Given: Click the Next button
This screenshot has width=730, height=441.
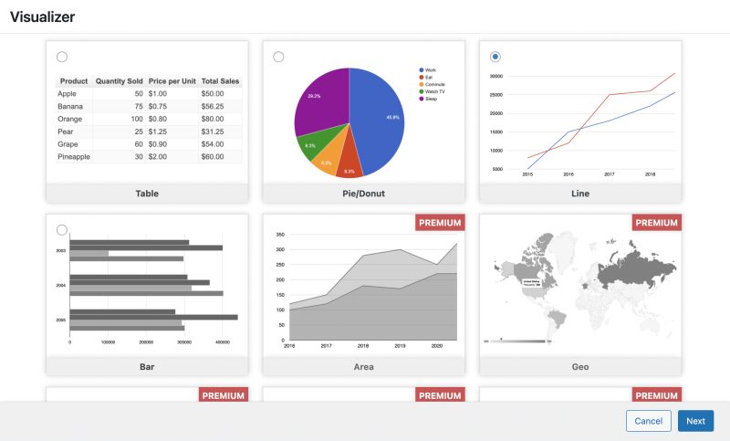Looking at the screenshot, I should [695, 421].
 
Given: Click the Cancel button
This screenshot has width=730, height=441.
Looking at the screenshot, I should [648, 421].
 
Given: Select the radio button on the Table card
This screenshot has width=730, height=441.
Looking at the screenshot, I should [62, 57].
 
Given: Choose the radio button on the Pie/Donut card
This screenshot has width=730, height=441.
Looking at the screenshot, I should [278, 57].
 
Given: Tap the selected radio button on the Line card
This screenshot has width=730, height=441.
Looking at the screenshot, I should [495, 57].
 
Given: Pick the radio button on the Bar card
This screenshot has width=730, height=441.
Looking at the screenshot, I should [62, 230].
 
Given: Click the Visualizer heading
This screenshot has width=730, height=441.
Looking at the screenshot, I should [42, 17].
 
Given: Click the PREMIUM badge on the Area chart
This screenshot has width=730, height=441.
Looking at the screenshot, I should [440, 222].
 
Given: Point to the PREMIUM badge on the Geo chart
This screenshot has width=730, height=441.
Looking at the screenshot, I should [657, 222].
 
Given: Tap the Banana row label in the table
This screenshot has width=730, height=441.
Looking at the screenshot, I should [70, 106].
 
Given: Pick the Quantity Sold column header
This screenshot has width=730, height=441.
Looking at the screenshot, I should [119, 81].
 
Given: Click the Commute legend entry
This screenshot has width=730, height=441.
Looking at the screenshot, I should [435, 84].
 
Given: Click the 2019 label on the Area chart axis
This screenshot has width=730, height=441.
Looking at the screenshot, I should [400, 346].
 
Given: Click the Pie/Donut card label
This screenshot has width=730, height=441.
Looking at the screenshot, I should [363, 194].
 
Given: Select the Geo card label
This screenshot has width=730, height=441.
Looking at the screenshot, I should [580, 367].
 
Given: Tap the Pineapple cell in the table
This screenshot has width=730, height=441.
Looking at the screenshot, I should [74, 157].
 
